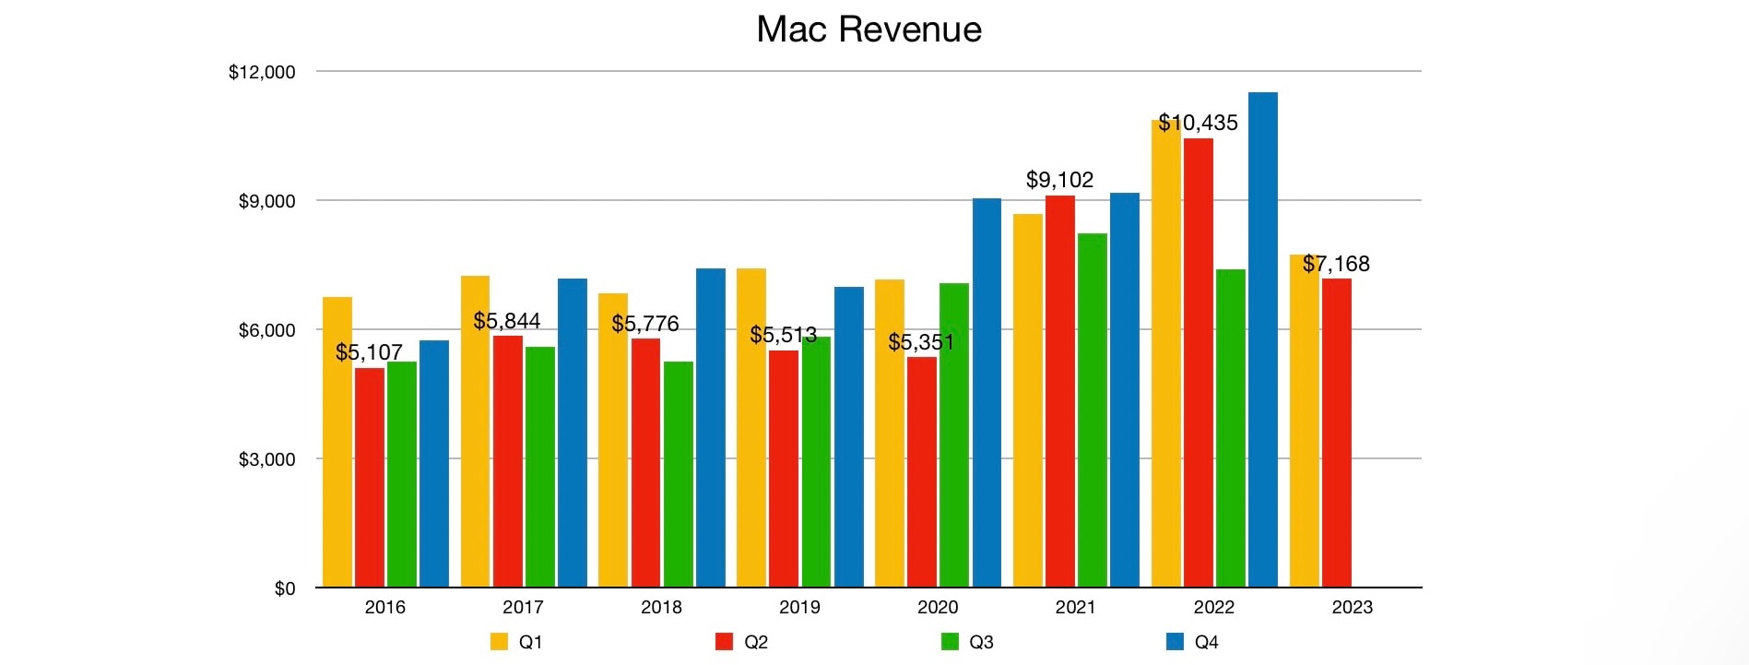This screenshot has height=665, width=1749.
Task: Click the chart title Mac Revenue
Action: pyautogui.click(x=869, y=30)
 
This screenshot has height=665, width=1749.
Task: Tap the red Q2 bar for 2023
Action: pyautogui.click(x=1336, y=433)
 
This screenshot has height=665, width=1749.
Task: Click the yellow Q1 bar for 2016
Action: pyautogui.click(x=337, y=442)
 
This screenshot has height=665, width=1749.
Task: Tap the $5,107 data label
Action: pyautogui.click(x=369, y=352)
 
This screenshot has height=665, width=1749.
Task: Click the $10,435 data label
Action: pyautogui.click(x=1198, y=123)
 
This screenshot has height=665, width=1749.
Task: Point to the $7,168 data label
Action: pyautogui.click(x=1336, y=264)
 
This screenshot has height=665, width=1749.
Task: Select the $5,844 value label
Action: pyautogui.click(x=507, y=321)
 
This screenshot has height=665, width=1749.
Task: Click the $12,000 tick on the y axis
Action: pyautogui.click(x=262, y=72)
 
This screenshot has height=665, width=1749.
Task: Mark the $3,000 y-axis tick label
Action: pyautogui.click(x=266, y=459)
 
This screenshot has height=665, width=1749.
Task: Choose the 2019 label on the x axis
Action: pyautogui.click(x=799, y=607)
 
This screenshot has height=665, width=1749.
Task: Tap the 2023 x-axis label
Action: pyautogui.click(x=1352, y=607)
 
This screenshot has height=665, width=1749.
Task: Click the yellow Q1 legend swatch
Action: pyautogui.click(x=499, y=642)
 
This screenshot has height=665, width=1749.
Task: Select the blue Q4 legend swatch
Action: pyautogui.click(x=1175, y=642)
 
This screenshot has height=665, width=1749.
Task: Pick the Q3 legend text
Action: pyautogui.click(x=981, y=642)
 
